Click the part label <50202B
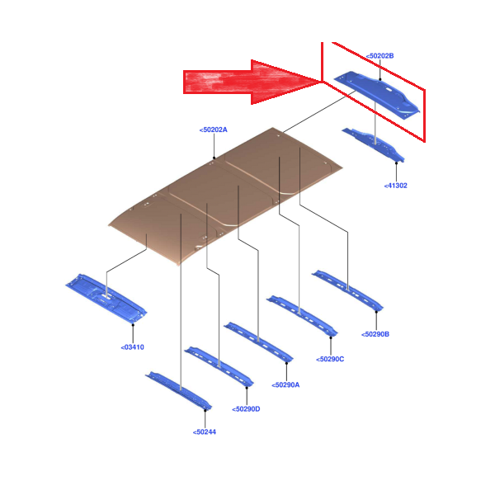[379, 56]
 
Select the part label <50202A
[214, 130]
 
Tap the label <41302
[395, 186]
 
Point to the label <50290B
[375, 334]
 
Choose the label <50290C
[330, 359]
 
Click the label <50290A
[285, 384]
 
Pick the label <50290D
[246, 409]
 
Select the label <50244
[205, 431]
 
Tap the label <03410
[133, 347]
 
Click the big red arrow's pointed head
[320, 82]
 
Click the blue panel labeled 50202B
[377, 95]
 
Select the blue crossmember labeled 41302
[373, 144]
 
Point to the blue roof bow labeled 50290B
[347, 290]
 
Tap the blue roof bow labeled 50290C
[302, 315]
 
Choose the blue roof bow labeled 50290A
[258, 342]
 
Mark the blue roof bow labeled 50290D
[219, 366]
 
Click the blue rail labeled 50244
[179, 390]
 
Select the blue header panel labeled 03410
[106, 298]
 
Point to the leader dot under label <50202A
[214, 158]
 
